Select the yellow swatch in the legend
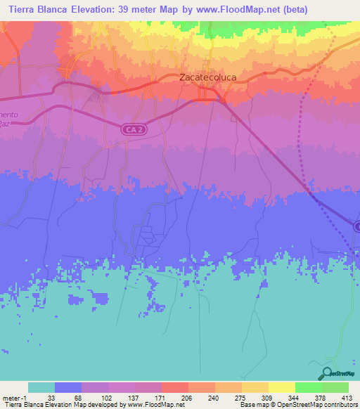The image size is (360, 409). [x=281, y=387]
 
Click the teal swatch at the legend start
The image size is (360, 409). [x=41, y=387]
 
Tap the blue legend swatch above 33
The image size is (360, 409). [x=68, y=387]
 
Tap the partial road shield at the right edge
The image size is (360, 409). [x=356, y=226]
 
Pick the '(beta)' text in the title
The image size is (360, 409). [x=293, y=10]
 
